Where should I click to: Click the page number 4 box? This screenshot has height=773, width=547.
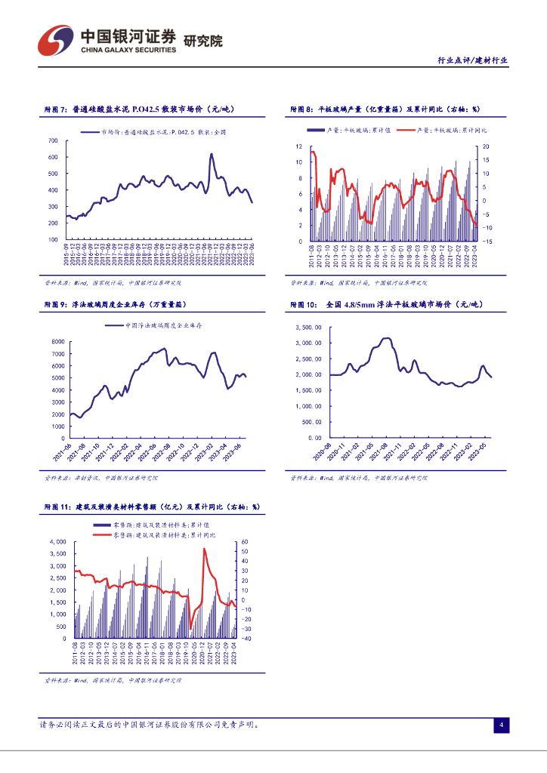[500, 725]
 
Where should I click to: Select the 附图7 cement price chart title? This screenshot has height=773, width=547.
[139, 109]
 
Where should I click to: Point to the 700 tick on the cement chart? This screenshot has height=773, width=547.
[53, 141]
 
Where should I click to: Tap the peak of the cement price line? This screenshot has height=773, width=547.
[211, 155]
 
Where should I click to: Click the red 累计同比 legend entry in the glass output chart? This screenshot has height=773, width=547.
[434, 131]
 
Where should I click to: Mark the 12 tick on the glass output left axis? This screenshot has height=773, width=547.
[299, 146]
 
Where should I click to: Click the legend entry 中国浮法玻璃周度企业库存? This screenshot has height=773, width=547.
[162, 325]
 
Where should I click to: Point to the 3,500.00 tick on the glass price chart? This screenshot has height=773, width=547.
[311, 327]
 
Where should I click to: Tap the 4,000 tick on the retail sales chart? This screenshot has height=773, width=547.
[56, 542]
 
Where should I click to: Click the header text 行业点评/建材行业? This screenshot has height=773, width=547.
[473, 61]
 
